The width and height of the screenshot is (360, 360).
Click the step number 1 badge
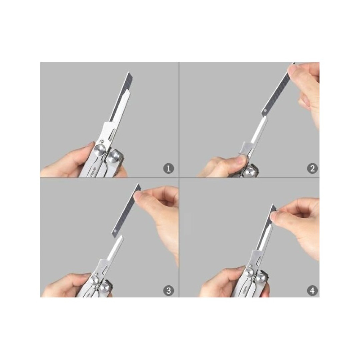click(169, 169)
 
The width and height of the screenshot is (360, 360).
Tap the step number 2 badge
click(312, 169)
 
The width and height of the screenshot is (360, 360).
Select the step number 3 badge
click(169, 291)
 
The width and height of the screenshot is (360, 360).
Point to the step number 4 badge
click(312, 291)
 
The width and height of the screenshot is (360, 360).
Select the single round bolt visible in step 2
click(250, 172)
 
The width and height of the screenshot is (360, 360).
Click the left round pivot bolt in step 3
click(95, 279)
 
